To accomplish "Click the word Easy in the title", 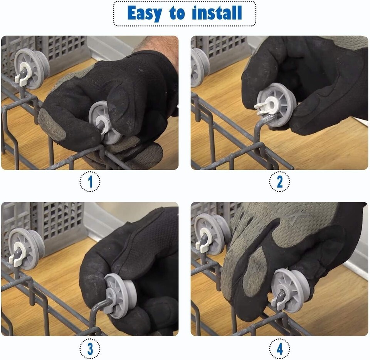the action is click(145, 14).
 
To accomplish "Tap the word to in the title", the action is click(177, 13).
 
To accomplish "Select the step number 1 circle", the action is click(90, 181).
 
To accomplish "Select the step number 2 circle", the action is click(280, 181).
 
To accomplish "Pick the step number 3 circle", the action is click(90, 348).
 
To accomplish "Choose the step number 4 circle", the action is click(280, 348).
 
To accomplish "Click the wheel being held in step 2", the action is click(276, 105).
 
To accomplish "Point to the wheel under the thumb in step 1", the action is click(104, 123).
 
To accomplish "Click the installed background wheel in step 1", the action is click(32, 69).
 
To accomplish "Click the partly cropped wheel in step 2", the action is click(200, 68).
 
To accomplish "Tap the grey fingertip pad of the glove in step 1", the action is click(51, 125).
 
